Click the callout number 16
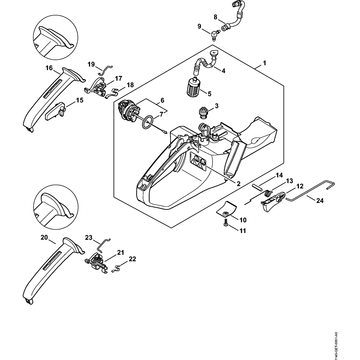[49, 68]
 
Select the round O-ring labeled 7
[147, 123]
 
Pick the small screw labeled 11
[226, 225]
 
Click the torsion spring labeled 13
[267, 193]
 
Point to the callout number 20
[44, 237]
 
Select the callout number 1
[264, 63]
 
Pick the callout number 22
[132, 259]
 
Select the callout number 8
[216, 17]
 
